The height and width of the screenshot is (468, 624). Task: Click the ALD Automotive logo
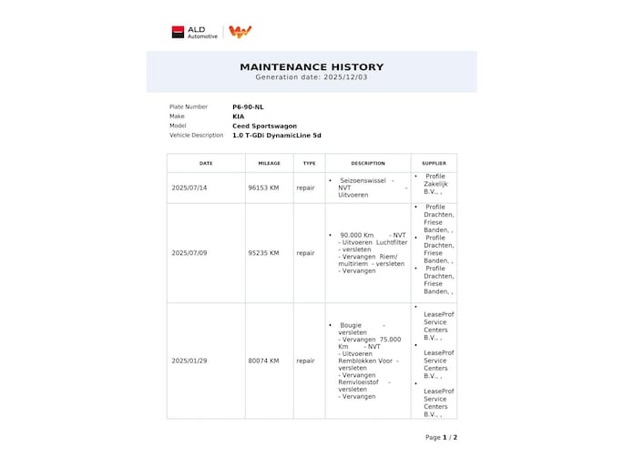click(x=195, y=32)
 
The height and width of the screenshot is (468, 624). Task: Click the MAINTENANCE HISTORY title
click(x=312, y=66)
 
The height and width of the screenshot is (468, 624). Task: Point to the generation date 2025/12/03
click(x=312, y=77)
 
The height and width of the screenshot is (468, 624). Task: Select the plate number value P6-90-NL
click(x=248, y=107)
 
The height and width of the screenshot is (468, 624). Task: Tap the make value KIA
click(x=238, y=117)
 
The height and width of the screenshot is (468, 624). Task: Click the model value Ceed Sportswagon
click(x=264, y=126)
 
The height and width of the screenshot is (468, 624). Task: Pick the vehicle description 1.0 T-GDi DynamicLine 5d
click(x=276, y=136)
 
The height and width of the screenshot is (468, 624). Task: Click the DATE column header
click(x=206, y=163)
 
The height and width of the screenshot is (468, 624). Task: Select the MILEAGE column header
click(x=269, y=163)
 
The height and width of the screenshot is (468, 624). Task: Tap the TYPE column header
click(x=309, y=163)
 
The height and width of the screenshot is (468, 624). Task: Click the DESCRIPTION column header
click(x=368, y=163)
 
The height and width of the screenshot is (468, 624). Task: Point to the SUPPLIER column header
click(x=434, y=163)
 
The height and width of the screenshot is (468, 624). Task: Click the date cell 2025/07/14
click(x=189, y=188)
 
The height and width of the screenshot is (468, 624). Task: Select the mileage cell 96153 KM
click(x=263, y=188)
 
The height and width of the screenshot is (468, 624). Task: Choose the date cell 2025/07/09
click(x=189, y=253)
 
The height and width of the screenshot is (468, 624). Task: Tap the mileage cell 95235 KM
click(x=263, y=253)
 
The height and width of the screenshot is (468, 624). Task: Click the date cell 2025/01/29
click(x=189, y=361)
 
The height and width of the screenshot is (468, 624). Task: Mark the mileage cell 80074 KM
click(x=263, y=361)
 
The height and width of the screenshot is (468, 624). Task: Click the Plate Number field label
click(x=189, y=107)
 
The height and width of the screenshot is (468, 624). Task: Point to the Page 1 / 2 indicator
click(x=441, y=437)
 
